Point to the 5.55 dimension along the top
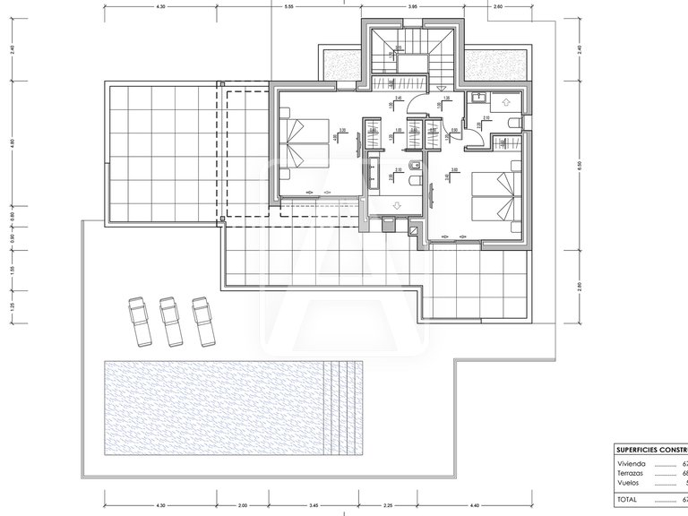pyautogui.click(x=289, y=6)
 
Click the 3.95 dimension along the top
pyautogui.click(x=413, y=6)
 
